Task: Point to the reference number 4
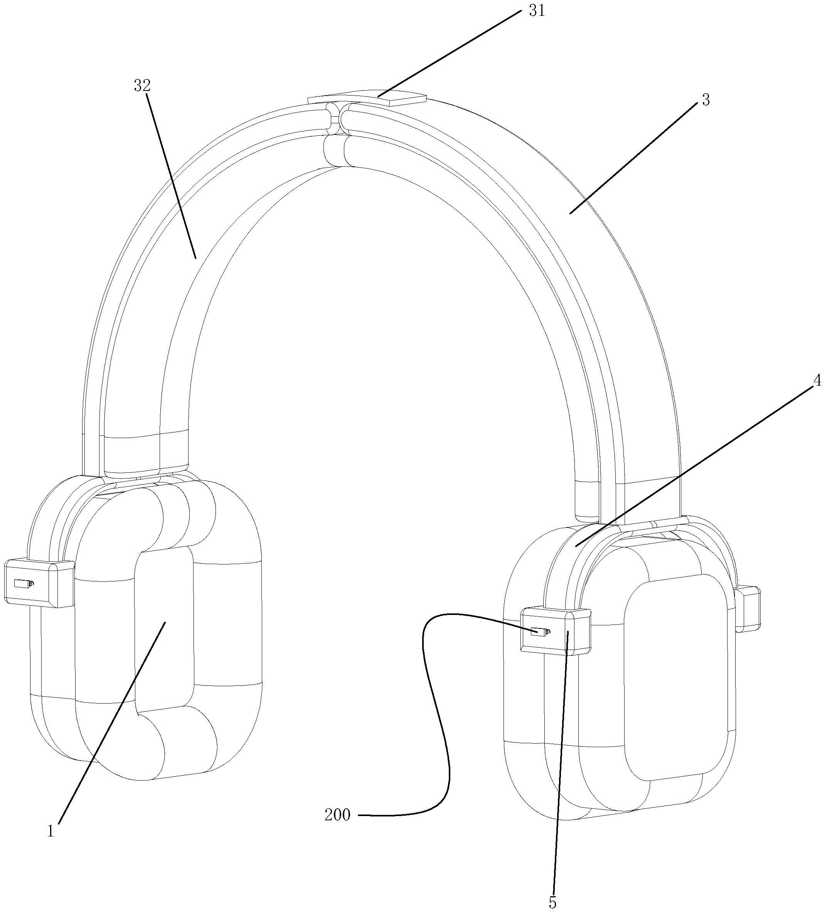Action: click(x=817, y=381)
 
